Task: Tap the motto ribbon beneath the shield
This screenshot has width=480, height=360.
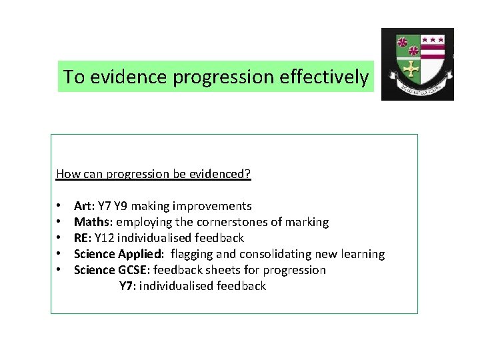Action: (x=418, y=89)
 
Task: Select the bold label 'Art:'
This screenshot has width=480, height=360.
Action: (x=84, y=206)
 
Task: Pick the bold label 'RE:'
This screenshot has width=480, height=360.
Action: (x=83, y=238)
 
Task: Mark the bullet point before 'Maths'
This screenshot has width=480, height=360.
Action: (x=59, y=222)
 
